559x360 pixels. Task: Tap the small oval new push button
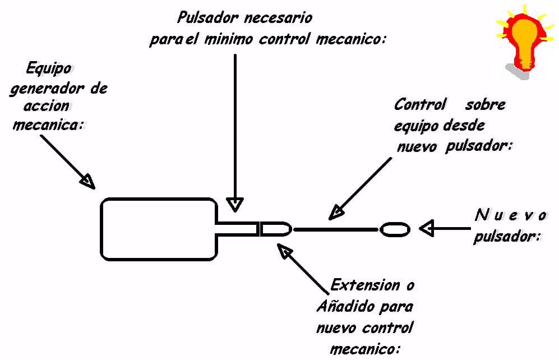pos(395,229)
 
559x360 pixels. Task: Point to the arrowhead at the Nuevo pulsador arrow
pos(427,228)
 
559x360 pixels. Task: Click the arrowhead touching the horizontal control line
pos(336,212)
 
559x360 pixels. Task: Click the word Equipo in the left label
pos(49,70)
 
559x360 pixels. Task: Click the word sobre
pos(485,105)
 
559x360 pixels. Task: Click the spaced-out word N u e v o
pos(510,215)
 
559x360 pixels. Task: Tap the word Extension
pos(365,285)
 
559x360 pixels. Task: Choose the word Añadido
pos(341,307)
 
